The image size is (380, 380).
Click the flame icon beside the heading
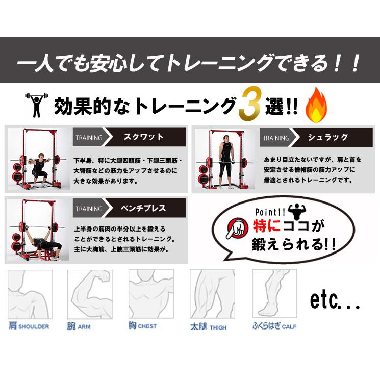click(316, 106)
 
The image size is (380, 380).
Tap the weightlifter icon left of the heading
click(37, 106)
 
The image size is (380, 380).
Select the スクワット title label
click(144, 137)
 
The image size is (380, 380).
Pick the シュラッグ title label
click(328, 137)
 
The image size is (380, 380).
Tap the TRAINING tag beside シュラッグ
click(276, 138)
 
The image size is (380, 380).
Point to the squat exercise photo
click(38, 158)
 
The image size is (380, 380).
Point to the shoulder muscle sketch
click(30, 293)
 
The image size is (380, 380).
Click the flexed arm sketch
click(90, 293)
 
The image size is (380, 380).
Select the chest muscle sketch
click(151, 293)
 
